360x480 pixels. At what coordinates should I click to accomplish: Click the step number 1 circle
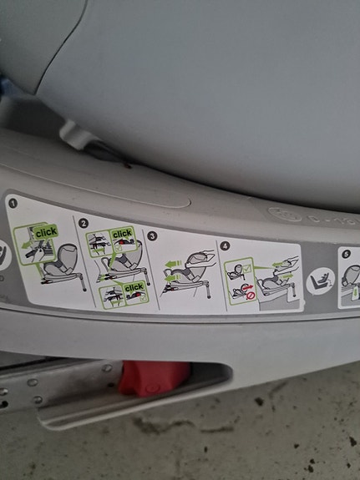13,203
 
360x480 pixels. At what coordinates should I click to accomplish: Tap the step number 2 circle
83,223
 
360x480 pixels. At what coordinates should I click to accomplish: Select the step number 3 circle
152,236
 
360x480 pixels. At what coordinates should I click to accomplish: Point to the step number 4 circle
225,245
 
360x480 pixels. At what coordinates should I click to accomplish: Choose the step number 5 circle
346,254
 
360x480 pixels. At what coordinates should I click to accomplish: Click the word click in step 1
46,233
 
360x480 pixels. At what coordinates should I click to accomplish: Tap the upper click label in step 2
122,235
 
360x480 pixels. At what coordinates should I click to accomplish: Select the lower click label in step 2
134,287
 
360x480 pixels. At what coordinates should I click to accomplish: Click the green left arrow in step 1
27,245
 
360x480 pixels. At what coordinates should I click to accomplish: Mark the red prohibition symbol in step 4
251,296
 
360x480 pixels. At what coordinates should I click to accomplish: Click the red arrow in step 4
247,287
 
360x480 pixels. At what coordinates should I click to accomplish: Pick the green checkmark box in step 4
246,269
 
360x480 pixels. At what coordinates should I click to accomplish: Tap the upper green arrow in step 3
173,264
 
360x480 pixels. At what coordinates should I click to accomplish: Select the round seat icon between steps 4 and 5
320,281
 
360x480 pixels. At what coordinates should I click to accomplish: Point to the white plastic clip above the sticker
77,134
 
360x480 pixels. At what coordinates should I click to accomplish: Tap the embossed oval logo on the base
285,215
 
